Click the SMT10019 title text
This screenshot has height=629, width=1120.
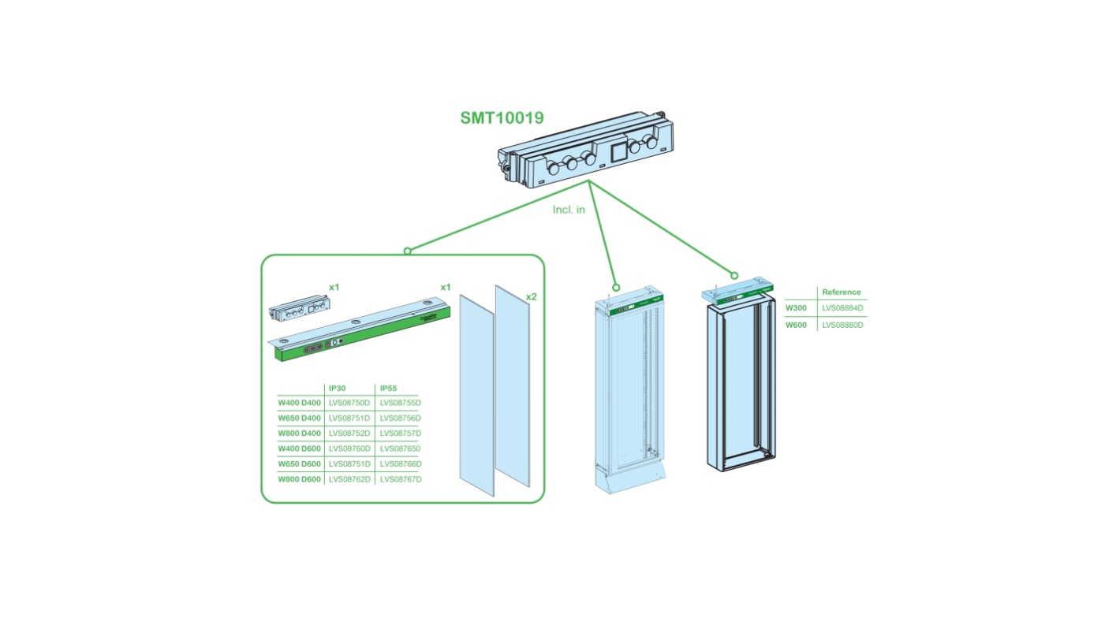502,117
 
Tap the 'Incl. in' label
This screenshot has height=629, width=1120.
569,210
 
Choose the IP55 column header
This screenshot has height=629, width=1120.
389,388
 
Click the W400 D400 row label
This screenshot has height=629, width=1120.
299,403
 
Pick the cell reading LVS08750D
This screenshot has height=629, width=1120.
349,403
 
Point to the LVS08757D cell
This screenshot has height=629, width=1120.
401,434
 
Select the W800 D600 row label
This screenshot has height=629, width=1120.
299,479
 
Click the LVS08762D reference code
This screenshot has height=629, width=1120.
349,479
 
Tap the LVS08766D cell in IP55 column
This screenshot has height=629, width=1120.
401,464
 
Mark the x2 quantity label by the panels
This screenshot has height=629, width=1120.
531,296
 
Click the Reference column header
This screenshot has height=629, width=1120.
841,292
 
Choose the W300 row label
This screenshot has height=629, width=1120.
796,308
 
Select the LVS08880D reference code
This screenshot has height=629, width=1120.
842,325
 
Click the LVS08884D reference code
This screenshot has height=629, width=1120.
842,308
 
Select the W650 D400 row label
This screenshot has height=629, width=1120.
299,418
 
